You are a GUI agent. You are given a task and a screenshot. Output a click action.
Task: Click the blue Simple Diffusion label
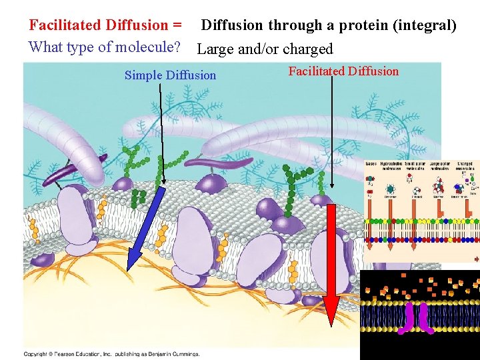(x=170, y=75)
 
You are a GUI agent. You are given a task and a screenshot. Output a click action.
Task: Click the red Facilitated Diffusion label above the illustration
(x=343, y=71)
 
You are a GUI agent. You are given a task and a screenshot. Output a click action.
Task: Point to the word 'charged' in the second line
(x=308, y=49)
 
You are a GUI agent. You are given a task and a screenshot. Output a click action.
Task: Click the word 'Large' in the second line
(x=216, y=49)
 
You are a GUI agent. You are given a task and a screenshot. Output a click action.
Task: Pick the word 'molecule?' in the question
(x=149, y=47)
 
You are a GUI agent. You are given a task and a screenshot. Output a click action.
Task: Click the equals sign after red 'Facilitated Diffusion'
(x=177, y=26)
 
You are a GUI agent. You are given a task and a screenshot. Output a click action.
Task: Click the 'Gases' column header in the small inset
(x=371, y=163)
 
